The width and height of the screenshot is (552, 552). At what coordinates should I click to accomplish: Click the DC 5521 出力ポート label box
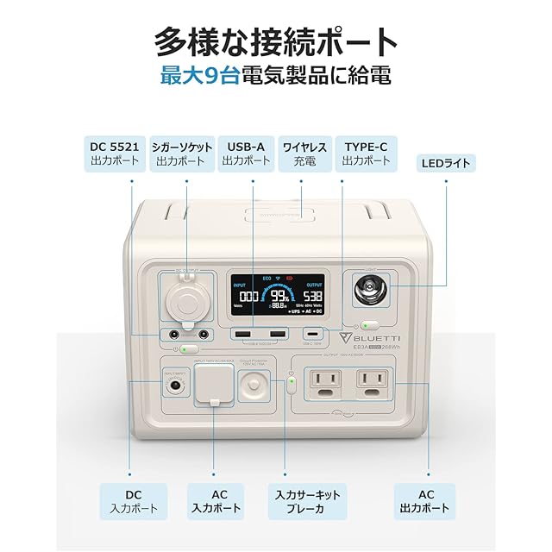[115, 153]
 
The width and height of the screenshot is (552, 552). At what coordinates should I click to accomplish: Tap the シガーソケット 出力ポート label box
[181, 153]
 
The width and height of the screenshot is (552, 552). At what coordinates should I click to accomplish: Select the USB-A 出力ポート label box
[244, 153]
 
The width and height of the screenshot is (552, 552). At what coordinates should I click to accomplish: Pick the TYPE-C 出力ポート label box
[365, 153]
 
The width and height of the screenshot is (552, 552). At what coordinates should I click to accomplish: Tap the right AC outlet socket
[372, 380]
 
